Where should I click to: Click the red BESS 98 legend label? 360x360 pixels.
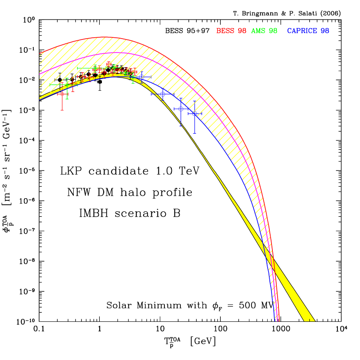click(x=231, y=31)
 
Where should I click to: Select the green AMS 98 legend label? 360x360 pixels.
click(x=264, y=31)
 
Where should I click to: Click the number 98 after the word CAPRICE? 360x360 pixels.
click(x=325, y=31)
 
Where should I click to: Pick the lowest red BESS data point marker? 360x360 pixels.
click(x=62, y=94)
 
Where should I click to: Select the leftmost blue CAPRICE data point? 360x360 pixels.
click(x=141, y=77)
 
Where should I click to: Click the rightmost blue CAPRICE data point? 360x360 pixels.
click(x=194, y=114)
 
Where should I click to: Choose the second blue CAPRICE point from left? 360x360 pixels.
click(x=162, y=94)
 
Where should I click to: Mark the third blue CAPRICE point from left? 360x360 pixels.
click(x=181, y=109)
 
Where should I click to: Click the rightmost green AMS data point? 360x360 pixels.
click(x=133, y=77)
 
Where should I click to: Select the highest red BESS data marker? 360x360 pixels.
click(x=109, y=64)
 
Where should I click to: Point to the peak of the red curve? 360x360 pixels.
click(x=104, y=37)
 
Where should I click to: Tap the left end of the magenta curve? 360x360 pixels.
click(x=40, y=74)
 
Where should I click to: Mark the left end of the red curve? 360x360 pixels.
click(x=40, y=54)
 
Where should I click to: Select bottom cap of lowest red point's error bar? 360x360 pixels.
click(x=62, y=110)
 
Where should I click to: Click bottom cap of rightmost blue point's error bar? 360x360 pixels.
click(x=194, y=134)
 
